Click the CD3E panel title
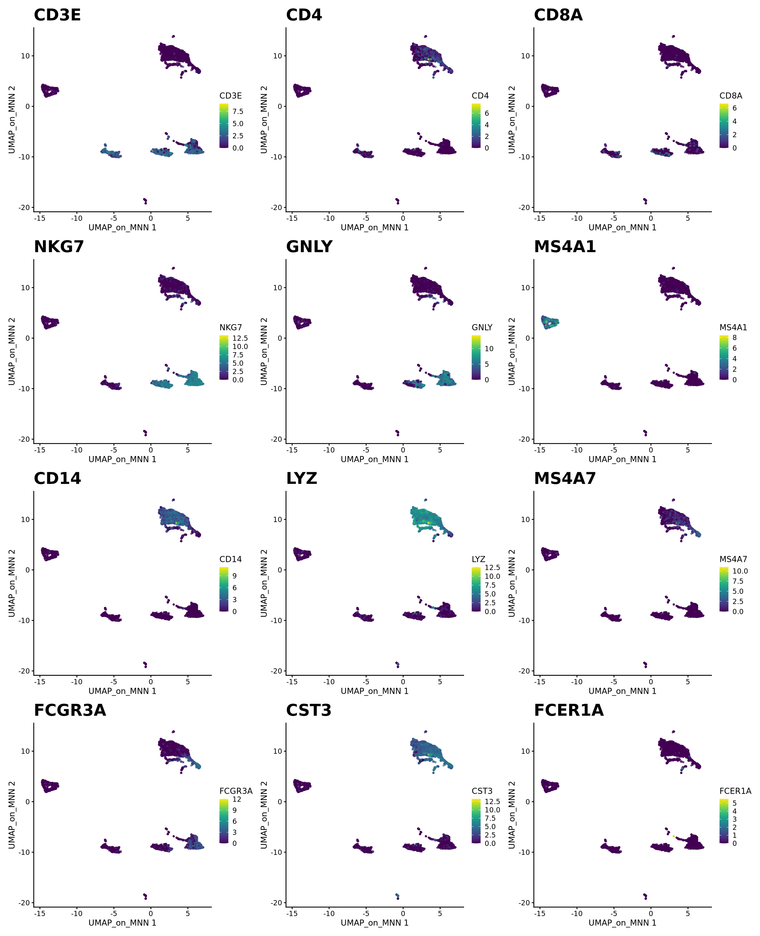[57, 15]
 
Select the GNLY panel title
[309, 247]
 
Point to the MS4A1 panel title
[565, 247]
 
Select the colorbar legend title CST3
[482, 791]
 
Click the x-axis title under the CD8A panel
[622, 227]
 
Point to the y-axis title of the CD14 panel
[12, 583]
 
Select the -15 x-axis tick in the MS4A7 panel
[540, 682]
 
